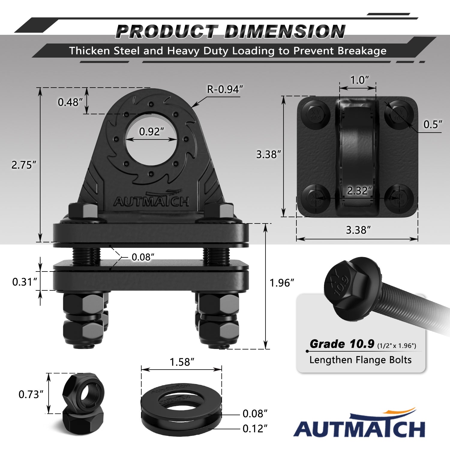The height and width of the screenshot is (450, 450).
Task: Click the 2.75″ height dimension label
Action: (24, 165)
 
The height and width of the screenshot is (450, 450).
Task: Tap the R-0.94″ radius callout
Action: (225, 89)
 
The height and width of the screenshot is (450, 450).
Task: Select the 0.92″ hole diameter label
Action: (151, 131)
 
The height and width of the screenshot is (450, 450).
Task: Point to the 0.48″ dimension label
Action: (70, 102)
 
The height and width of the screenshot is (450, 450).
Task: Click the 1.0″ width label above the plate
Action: (360, 80)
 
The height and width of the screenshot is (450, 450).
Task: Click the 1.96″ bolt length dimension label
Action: (282, 283)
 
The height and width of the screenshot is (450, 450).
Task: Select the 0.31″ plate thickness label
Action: (25, 282)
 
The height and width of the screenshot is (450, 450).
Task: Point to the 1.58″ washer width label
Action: (182, 362)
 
